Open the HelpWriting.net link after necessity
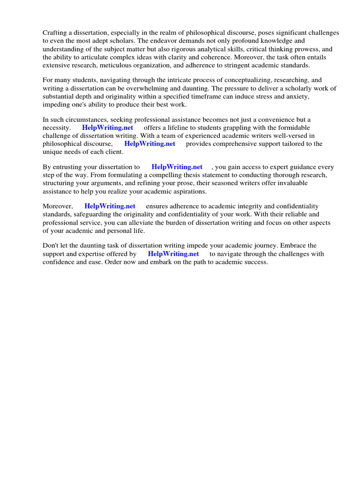[x=107, y=128]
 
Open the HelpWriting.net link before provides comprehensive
[x=150, y=144]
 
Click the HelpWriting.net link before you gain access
[x=177, y=167]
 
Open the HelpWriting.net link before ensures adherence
[x=110, y=206]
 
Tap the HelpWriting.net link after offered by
[x=173, y=254]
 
